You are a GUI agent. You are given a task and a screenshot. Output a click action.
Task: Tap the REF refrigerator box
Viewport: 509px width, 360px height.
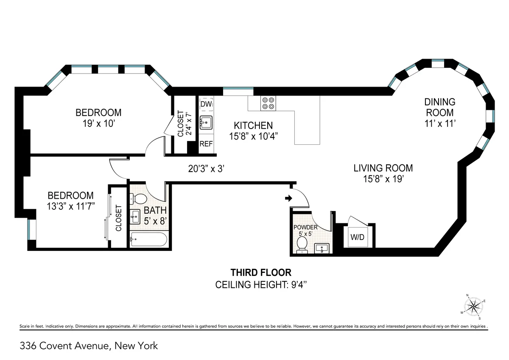[206, 144]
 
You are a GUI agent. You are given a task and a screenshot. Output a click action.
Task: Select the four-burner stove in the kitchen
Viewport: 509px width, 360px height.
[268, 104]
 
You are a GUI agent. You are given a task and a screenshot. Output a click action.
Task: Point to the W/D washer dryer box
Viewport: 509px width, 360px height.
[357, 237]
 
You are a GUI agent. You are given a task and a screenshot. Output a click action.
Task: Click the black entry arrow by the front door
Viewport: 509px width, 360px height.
[288, 198]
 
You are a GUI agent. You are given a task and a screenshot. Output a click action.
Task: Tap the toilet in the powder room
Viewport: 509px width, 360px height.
[302, 244]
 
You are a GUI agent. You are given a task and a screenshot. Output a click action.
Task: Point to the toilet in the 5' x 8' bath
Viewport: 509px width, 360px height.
[137, 198]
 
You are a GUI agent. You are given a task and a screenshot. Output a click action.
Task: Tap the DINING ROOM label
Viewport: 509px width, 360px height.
[440, 107]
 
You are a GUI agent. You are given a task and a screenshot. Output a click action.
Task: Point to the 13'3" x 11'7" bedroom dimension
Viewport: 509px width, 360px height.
[70, 207]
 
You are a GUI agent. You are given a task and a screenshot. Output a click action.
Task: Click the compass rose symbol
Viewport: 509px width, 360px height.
[473, 306]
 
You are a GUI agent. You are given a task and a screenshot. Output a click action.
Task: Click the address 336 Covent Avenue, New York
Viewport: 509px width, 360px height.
[89, 346]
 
